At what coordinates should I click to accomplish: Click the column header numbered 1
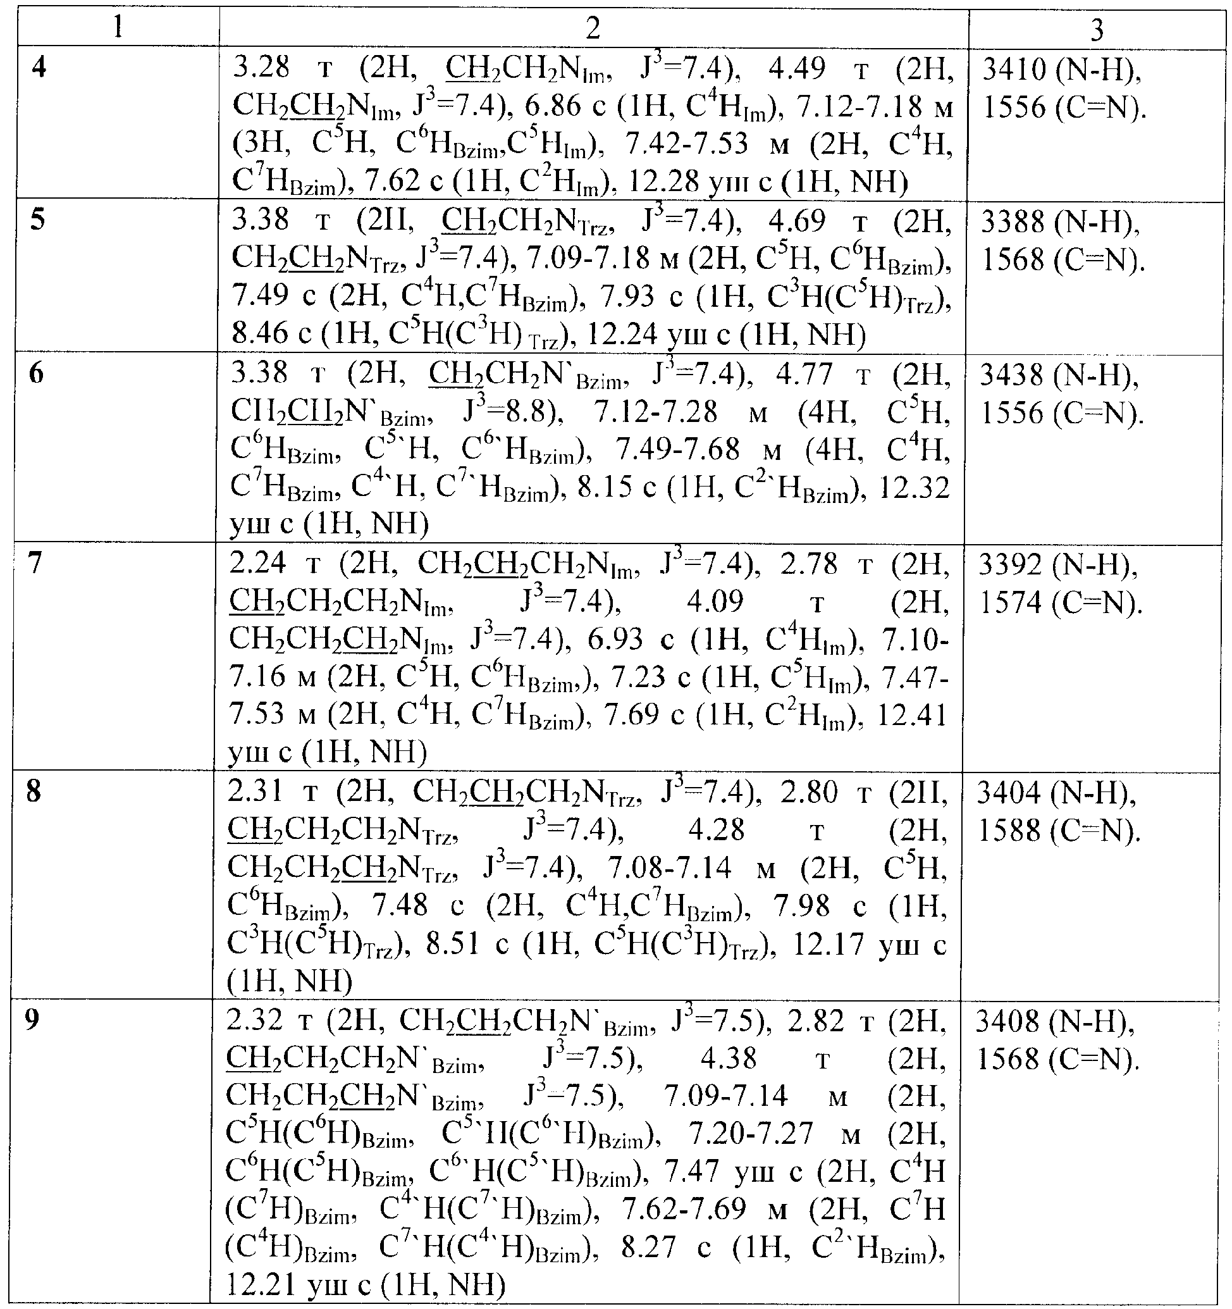tap(117, 28)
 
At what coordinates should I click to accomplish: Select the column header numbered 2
tap(593, 28)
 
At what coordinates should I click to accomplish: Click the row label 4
tap(39, 67)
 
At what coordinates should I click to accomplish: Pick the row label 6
tap(37, 373)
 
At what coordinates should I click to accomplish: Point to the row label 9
tap(32, 1020)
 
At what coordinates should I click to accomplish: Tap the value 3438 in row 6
tap(1012, 375)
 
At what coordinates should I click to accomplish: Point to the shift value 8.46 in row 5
tap(261, 334)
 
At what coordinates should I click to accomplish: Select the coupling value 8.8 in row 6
tap(533, 413)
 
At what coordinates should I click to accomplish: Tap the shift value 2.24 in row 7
tap(258, 564)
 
